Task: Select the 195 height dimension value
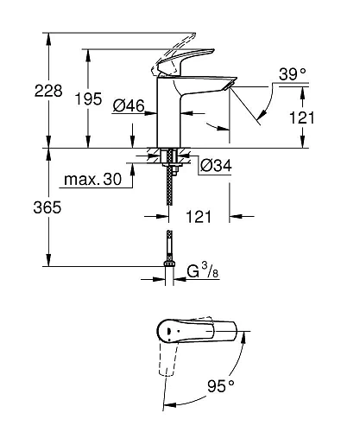[x=107, y=98]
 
